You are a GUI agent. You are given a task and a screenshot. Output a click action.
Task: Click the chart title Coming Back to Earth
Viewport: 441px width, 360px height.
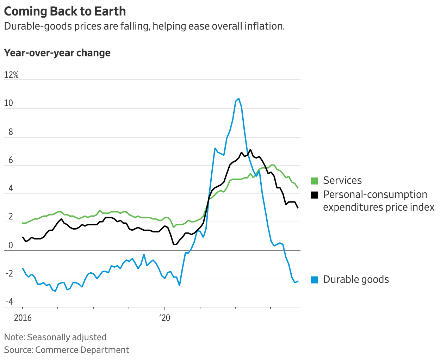[x=65, y=11]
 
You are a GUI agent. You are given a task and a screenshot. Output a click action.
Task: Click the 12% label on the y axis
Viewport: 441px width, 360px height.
[x=11, y=75]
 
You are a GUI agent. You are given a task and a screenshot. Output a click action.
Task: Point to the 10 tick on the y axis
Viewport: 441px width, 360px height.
[x=8, y=103]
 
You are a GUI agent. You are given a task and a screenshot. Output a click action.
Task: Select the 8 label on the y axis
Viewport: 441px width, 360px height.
[x=11, y=132]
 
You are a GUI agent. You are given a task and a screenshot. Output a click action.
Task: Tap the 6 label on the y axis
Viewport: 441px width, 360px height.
[x=11, y=161]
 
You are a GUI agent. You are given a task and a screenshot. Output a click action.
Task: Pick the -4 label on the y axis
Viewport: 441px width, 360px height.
[x=9, y=302]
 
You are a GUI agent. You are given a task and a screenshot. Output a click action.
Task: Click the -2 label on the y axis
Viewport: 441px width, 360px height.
[x=9, y=274]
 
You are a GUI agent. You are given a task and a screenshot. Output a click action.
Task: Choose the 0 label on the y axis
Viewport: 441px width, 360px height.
[x=11, y=246]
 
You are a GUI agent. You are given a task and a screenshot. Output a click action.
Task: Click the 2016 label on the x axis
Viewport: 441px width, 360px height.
[x=23, y=318]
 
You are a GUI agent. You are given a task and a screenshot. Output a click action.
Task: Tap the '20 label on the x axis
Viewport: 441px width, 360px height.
[x=164, y=318]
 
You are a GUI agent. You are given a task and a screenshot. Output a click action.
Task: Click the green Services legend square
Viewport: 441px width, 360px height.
[x=315, y=181]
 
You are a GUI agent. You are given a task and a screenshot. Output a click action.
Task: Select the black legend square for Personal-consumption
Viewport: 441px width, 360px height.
[x=315, y=195]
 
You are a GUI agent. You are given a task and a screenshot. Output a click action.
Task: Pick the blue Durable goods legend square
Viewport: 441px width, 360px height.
[x=315, y=280]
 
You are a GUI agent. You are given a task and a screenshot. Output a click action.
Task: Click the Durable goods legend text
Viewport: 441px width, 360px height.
[x=356, y=280]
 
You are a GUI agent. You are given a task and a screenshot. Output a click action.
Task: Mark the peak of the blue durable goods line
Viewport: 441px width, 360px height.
[x=238, y=99]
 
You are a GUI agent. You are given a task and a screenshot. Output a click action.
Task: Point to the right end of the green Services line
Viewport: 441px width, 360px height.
[x=298, y=188]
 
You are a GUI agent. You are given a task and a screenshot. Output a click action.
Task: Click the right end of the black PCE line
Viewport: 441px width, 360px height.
[x=298, y=208]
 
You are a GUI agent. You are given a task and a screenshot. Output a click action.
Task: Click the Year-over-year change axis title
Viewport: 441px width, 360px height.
[x=57, y=53]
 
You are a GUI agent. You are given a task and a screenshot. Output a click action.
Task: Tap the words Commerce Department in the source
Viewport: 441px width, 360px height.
[x=82, y=350]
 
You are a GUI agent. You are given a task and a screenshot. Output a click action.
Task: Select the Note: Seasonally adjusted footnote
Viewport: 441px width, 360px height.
[x=55, y=337]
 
